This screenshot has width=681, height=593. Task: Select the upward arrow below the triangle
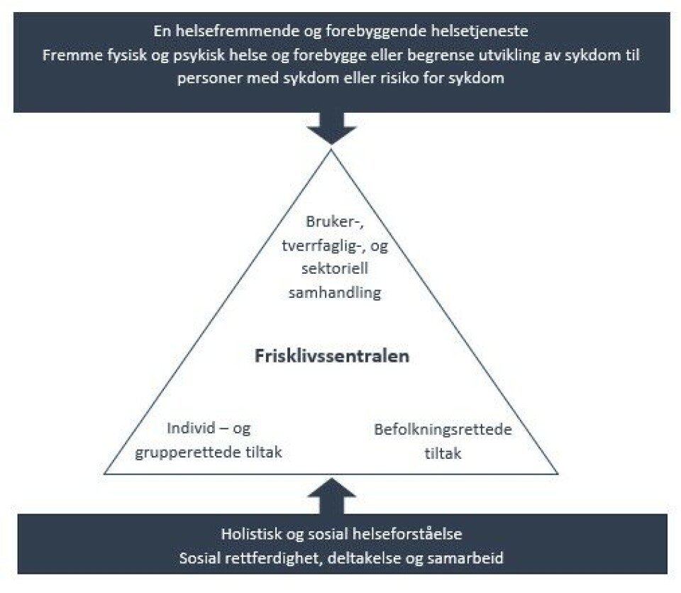click(332, 494)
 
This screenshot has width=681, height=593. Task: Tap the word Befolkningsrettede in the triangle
click(443, 429)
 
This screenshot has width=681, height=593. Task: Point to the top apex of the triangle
click(331, 146)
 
